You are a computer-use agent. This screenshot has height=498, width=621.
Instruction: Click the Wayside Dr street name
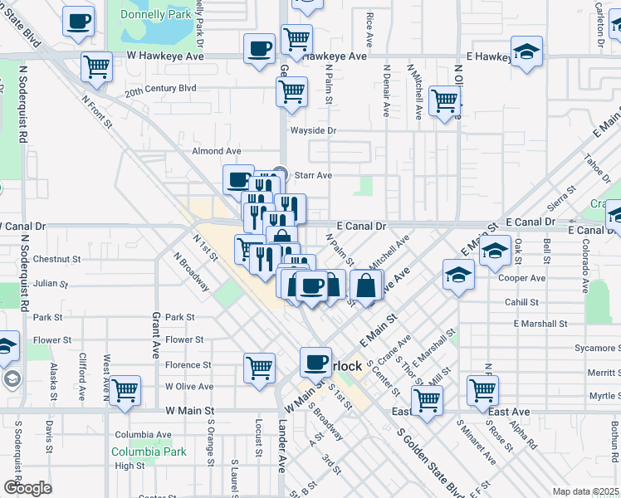tap(312, 130)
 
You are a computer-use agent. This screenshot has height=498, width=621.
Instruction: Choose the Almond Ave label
tap(216, 151)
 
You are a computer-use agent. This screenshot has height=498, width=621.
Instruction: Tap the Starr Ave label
tap(314, 175)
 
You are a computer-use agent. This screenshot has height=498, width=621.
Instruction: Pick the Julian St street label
tap(50, 283)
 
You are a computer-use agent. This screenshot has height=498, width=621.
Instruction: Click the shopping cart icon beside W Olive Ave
tap(125, 390)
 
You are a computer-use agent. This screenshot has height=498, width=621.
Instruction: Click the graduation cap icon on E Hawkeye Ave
tap(526, 52)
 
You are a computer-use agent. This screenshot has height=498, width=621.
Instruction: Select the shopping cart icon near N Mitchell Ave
tap(445, 100)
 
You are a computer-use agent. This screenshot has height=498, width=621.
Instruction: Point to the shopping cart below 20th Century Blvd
tap(291, 93)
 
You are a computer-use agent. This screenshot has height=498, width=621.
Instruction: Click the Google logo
tap(27, 488)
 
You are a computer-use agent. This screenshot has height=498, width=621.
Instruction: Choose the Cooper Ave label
tap(521, 278)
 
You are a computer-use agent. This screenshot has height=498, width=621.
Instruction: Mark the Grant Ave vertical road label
tap(155, 334)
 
